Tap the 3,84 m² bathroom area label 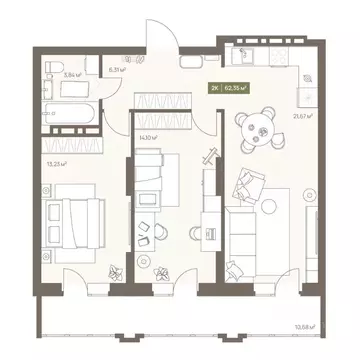pyautogui.click(x=71, y=73)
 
